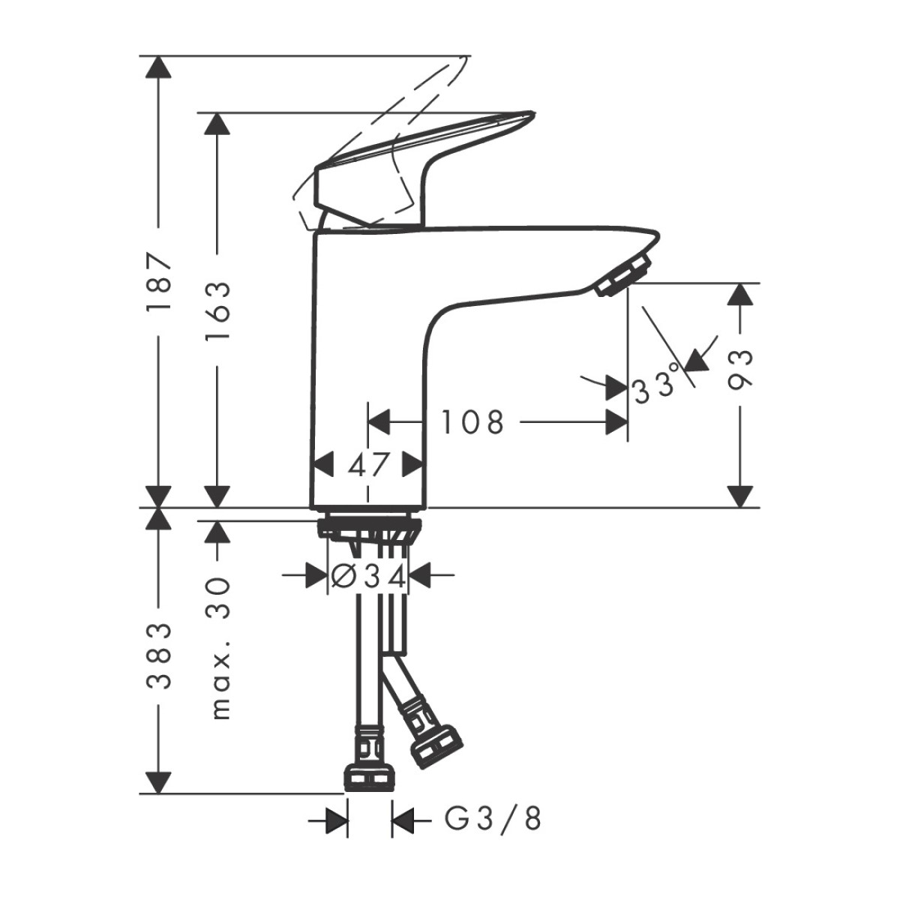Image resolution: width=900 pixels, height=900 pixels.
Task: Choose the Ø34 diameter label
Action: click(x=368, y=576)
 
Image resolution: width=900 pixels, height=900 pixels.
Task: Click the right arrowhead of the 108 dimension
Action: click(x=616, y=423)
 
